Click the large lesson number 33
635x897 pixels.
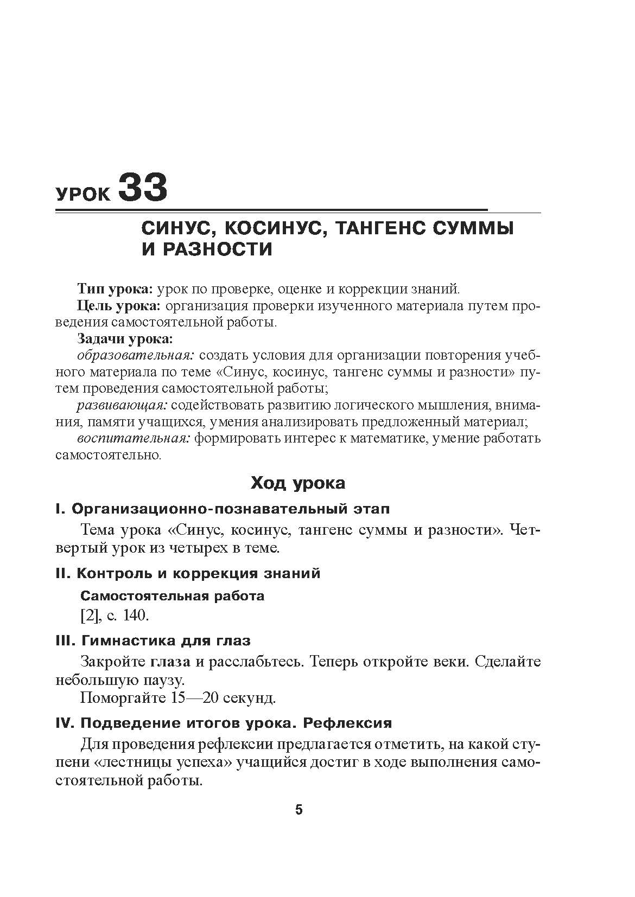(142, 188)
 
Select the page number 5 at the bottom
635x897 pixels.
(299, 810)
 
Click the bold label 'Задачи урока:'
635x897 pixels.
(125, 339)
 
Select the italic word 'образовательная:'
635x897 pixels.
(136, 356)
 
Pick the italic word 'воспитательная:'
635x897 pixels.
(134, 439)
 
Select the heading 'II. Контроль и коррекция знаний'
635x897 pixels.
(188, 573)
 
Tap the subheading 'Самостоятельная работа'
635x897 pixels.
(173, 596)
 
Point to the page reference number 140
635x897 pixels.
(136, 616)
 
